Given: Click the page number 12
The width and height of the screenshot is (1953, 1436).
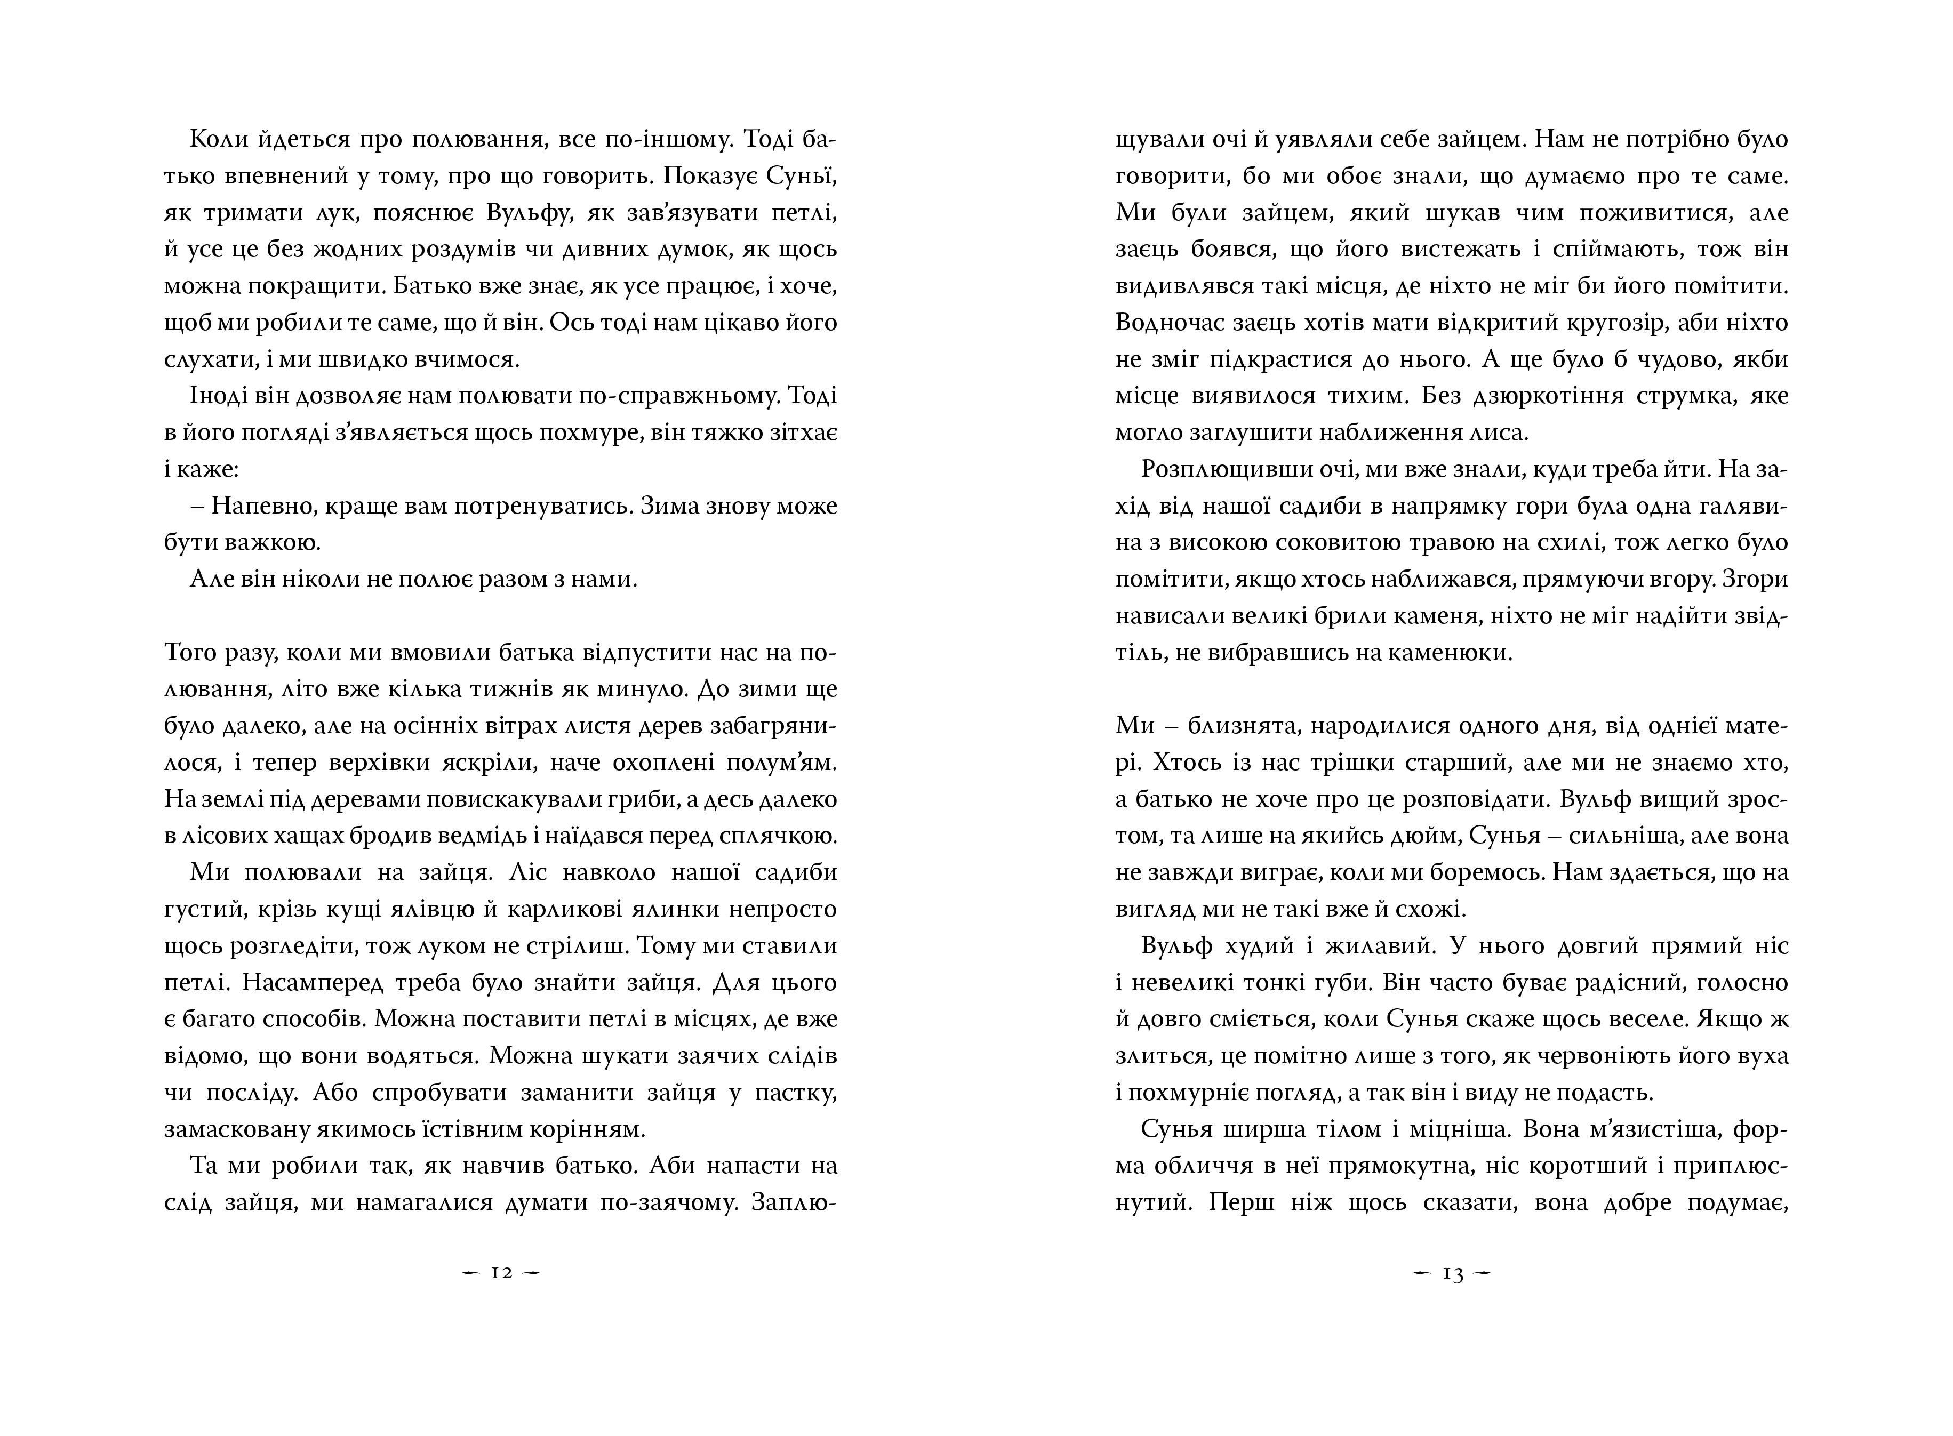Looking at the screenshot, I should pos(501,1273).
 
